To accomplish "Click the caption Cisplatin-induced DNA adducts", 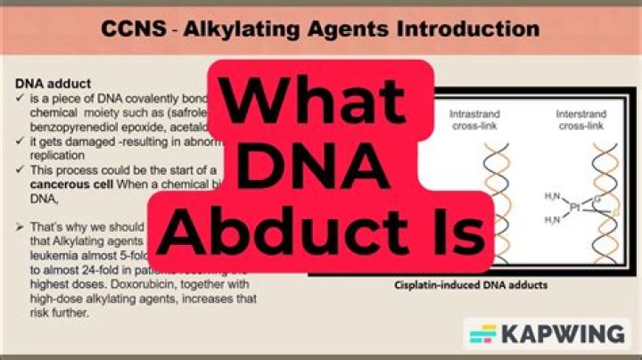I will click(x=471, y=286).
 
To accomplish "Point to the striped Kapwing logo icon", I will click(x=483, y=335).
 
